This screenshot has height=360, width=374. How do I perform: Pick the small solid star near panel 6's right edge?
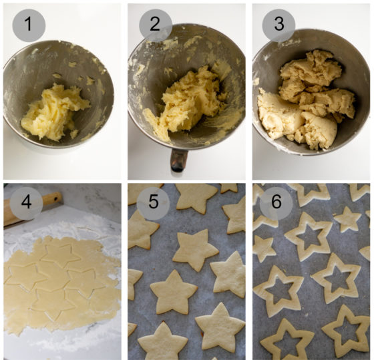coord(347,219)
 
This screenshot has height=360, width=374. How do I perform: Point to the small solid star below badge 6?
coord(264,248)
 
